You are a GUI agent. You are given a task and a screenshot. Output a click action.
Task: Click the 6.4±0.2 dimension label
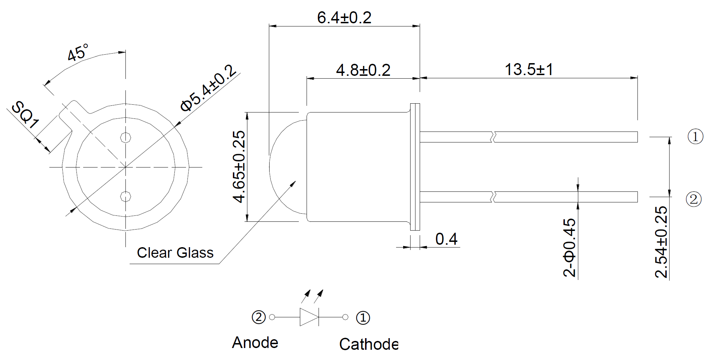coord(344,18)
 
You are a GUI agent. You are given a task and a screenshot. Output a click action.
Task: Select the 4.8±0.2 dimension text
coord(363,70)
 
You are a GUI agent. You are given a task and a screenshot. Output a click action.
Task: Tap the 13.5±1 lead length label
coord(529,69)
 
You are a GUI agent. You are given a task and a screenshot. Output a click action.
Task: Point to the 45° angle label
coord(78,53)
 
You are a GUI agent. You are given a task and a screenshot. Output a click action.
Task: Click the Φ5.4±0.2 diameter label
coord(208,88)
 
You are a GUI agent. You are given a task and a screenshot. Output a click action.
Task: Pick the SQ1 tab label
coord(25,115)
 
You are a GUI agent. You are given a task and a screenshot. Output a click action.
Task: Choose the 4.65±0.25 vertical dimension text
coord(239,167)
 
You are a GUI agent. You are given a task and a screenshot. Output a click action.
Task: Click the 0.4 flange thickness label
coord(446,239)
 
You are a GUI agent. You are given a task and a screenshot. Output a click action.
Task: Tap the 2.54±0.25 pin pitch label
coord(661,242)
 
